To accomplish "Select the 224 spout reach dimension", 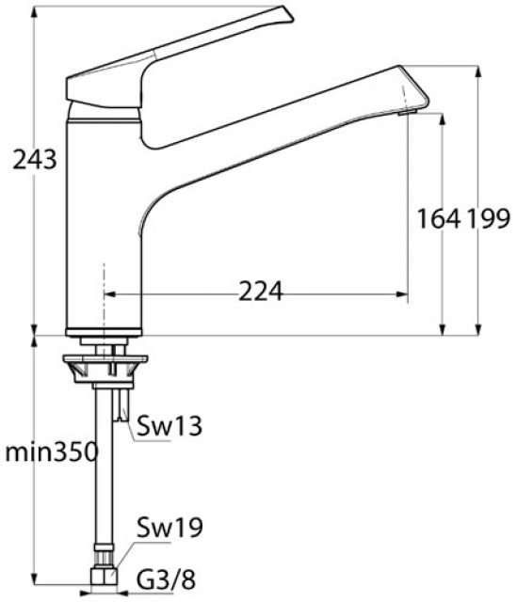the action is click(x=261, y=292).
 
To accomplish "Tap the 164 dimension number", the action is click(x=439, y=219).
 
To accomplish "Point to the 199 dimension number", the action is click(x=489, y=219).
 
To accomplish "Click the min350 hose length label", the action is click(x=51, y=452).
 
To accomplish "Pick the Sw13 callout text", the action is click(x=170, y=426).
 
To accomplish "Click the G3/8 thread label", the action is click(x=167, y=579).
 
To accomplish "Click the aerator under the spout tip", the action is click(x=408, y=112).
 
